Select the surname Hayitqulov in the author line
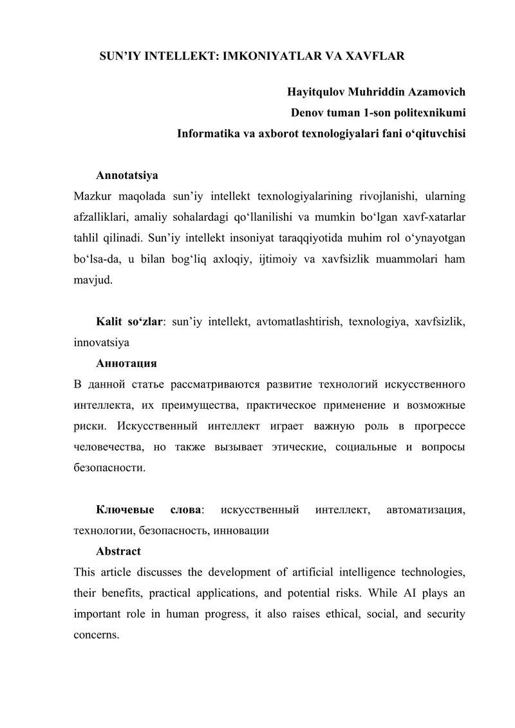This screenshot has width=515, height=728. (316, 92)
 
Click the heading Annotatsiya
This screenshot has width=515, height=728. (127, 175)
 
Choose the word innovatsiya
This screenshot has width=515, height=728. (102, 342)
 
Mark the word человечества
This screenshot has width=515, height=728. (104, 448)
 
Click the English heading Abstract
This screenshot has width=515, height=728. (118, 552)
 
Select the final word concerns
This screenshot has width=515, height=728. (97, 635)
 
